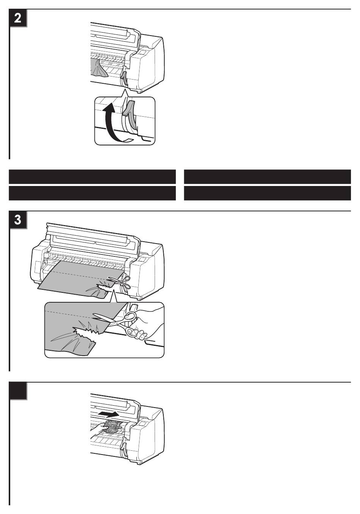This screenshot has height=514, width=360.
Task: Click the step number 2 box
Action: tap(18, 18)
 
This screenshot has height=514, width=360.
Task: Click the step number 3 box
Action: tap(18, 220)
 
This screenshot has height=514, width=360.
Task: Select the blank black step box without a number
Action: tap(18, 391)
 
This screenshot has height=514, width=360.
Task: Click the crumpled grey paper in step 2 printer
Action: tap(99, 67)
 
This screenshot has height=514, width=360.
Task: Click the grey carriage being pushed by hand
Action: tap(113, 427)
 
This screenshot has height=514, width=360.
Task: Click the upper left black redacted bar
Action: tap(92, 177)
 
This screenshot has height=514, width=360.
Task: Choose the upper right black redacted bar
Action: tap(268, 177)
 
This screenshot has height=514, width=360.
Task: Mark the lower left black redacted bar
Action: tap(92, 193)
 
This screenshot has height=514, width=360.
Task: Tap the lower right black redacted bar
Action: tap(268, 193)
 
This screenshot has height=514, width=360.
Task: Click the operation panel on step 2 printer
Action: tap(143, 53)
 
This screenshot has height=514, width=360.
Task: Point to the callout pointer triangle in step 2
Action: tap(124, 94)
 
